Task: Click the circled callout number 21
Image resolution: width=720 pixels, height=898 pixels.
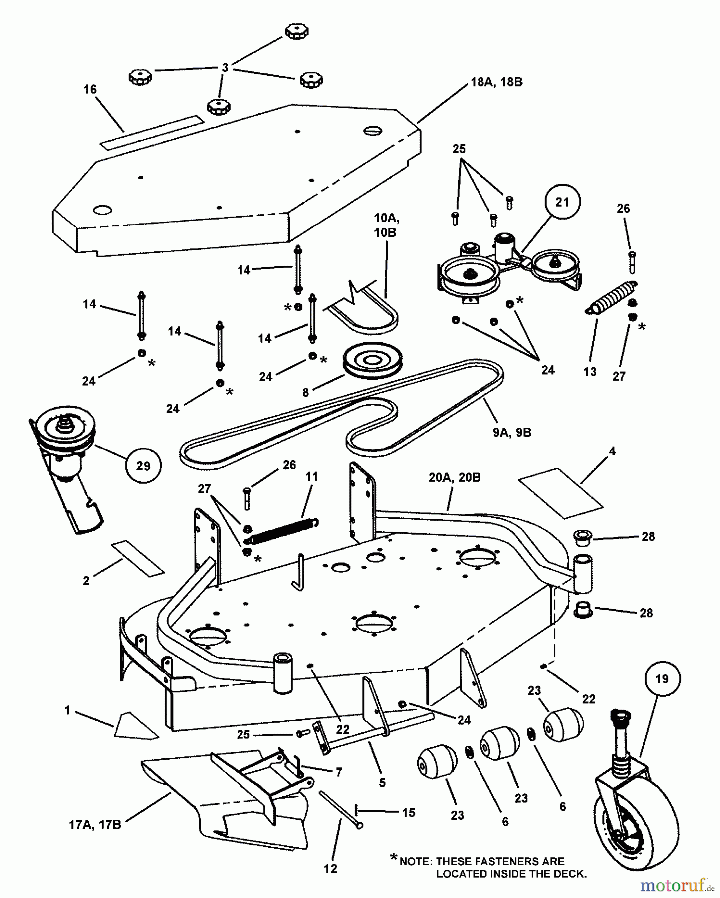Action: (x=562, y=203)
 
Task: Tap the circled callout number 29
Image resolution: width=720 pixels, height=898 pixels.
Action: (x=143, y=466)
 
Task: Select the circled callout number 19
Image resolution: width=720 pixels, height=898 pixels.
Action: (x=662, y=678)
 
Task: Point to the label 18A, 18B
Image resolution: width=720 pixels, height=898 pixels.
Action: (x=496, y=82)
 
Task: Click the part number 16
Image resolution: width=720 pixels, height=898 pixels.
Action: (x=90, y=90)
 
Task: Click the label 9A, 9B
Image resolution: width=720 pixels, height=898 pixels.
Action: (x=512, y=432)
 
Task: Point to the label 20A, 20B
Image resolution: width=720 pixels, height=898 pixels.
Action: (x=455, y=477)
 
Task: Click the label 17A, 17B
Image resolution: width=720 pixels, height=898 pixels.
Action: (x=95, y=825)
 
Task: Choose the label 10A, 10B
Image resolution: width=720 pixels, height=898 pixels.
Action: (x=386, y=225)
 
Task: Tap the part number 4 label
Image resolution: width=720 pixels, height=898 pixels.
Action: (x=612, y=451)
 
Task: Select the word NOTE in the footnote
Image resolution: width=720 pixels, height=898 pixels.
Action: (x=415, y=861)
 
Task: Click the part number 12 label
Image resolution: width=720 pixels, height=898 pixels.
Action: (x=330, y=869)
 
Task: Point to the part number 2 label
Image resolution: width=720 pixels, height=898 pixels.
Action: (x=86, y=581)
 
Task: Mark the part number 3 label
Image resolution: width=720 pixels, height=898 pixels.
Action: (x=225, y=67)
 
